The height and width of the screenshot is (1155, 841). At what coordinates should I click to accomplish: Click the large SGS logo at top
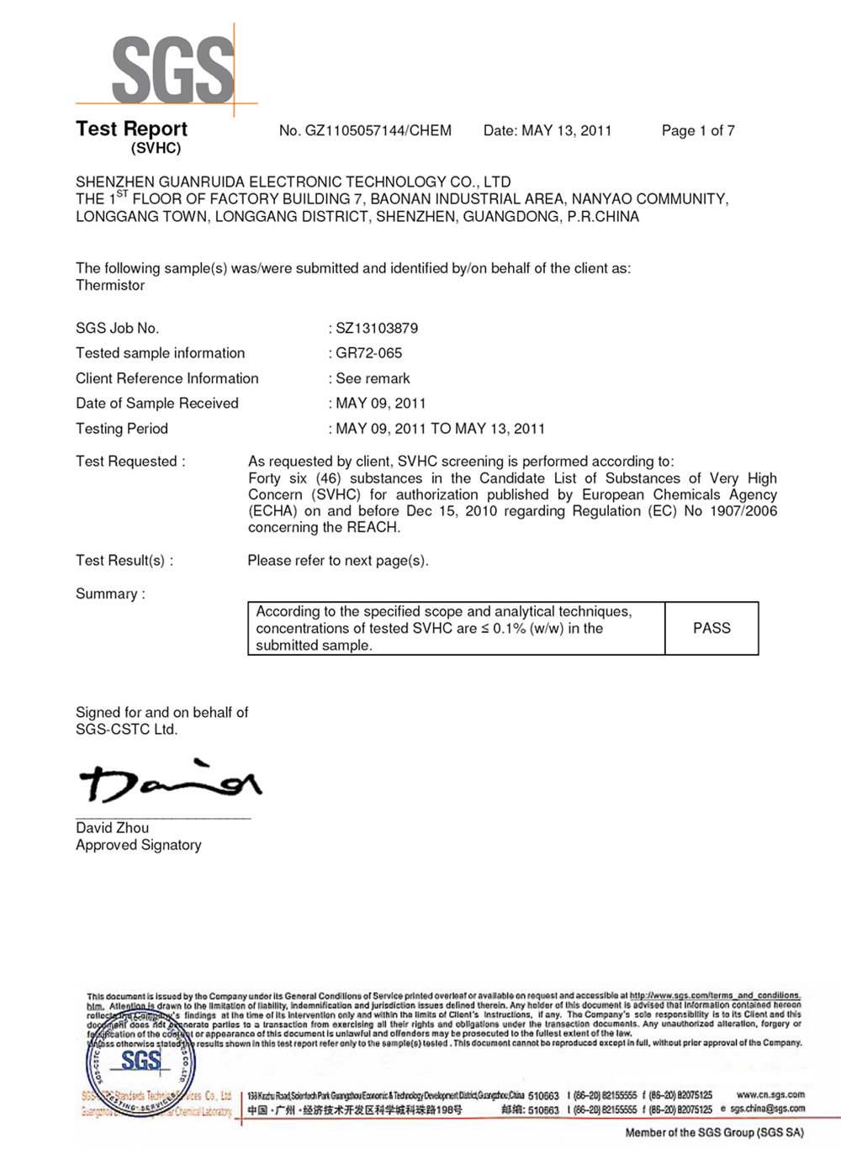[x=173, y=70]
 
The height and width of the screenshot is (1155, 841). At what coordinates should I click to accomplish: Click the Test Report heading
[x=131, y=129]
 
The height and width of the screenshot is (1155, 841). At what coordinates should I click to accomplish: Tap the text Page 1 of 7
[x=698, y=131]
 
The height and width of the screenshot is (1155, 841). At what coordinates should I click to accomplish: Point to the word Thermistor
[x=110, y=286]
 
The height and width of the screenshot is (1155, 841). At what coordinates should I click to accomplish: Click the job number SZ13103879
[x=377, y=329]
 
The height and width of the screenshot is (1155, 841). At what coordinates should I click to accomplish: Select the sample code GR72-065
[x=368, y=354]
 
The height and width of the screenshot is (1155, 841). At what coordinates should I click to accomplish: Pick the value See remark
[x=373, y=379]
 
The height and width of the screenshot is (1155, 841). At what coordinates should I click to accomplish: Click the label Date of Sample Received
[x=157, y=403]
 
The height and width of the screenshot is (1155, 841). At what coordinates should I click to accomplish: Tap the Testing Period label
[x=122, y=429]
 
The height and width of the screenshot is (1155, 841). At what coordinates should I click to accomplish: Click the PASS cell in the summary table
[x=711, y=629]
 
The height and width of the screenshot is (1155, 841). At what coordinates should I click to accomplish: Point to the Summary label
[x=110, y=594]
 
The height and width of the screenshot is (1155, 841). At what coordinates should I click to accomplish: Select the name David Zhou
[x=112, y=828]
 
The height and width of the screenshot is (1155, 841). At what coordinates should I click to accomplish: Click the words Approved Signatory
[x=139, y=846]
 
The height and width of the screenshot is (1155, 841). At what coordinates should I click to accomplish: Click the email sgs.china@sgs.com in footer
[x=767, y=1110]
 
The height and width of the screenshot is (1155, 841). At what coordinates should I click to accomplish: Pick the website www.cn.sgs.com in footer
[x=770, y=1094]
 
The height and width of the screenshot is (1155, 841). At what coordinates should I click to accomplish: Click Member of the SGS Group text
[x=714, y=1133]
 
